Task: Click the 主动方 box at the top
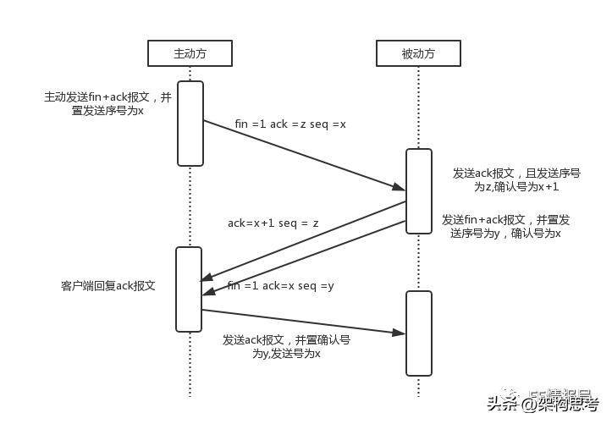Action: point(190,53)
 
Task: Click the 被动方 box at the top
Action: point(418,53)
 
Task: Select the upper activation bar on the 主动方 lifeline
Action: point(190,123)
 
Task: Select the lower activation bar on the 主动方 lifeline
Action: point(189,289)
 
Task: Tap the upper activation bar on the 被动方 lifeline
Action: point(418,190)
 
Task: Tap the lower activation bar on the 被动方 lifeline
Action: point(418,333)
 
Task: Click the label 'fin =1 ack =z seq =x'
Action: point(290,124)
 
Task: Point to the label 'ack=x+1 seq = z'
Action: point(273,223)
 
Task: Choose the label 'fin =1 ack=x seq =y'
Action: point(280,286)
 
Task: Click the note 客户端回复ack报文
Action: point(108,286)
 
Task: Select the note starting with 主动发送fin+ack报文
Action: point(108,104)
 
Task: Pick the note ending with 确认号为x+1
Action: point(516,179)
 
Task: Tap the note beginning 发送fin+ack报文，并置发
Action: point(506,226)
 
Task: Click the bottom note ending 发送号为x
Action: point(286,347)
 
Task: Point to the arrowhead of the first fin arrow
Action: point(400,188)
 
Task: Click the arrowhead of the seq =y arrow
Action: point(207,292)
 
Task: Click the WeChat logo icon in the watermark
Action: point(513,393)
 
